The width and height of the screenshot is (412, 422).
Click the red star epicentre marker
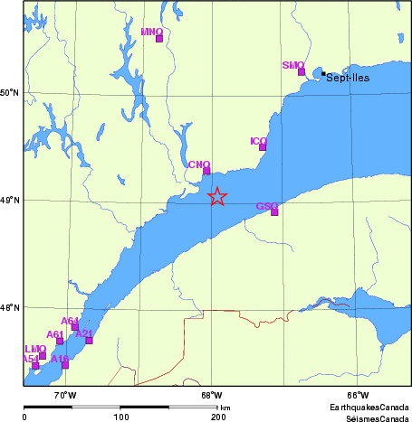pyautogui.click(x=217, y=196)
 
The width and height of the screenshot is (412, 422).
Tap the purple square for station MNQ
pyautogui.click(x=159, y=39)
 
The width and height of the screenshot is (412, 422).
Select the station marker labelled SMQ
pyautogui.click(x=302, y=71)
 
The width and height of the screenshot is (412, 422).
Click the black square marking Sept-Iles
pyautogui.click(x=323, y=73)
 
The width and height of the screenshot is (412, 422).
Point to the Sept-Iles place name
pyautogui.click(x=350, y=79)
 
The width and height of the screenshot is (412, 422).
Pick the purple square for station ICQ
pyautogui.click(x=263, y=147)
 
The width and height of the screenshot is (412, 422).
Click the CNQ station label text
pyautogui.click(x=199, y=164)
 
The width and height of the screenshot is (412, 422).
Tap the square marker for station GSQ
pyautogui.click(x=274, y=212)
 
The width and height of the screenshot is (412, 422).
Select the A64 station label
pyautogui.click(x=70, y=321)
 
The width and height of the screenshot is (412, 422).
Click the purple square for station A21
pyautogui.click(x=89, y=341)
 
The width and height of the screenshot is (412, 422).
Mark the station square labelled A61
pyautogui.click(x=60, y=341)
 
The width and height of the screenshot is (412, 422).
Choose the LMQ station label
pyautogui.click(x=35, y=348)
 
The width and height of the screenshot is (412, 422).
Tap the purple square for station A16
pyautogui.click(x=65, y=365)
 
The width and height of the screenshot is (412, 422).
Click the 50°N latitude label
pyautogui.click(x=10, y=93)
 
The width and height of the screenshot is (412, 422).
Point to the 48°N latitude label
pyautogui.click(x=10, y=307)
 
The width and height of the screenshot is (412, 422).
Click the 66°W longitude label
pyautogui.click(x=357, y=395)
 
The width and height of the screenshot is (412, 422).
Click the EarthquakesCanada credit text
pyautogui.click(x=369, y=408)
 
